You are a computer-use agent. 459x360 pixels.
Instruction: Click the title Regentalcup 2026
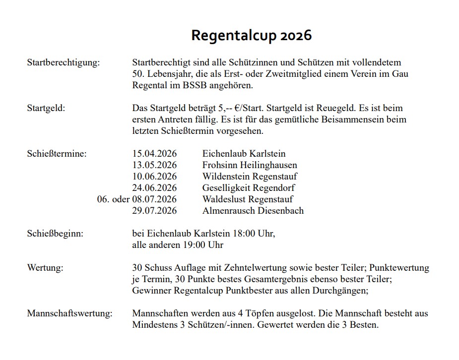point(252,36)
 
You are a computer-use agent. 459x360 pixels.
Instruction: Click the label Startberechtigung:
point(64,63)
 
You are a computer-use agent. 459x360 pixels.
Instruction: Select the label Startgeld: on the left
point(46,108)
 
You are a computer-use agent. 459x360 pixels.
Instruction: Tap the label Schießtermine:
point(57,154)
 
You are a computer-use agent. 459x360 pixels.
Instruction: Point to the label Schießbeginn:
point(55,234)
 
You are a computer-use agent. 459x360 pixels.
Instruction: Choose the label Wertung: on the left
point(45,268)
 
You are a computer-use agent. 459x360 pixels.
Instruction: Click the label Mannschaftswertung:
point(70,314)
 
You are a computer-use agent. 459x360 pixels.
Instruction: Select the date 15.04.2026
point(154,154)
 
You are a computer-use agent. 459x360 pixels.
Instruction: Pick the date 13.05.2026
point(154,165)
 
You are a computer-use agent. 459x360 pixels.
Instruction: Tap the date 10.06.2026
point(154,177)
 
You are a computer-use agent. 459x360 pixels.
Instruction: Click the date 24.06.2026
point(154,188)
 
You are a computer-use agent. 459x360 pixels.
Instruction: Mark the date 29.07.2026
point(154,211)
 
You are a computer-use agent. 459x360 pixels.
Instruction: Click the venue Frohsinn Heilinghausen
point(250,165)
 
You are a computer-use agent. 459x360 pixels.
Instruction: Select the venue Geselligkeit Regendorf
point(249,188)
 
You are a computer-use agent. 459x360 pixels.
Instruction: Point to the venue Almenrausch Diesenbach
point(253,211)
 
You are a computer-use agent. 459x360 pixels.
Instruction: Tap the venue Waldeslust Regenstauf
point(248,199)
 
